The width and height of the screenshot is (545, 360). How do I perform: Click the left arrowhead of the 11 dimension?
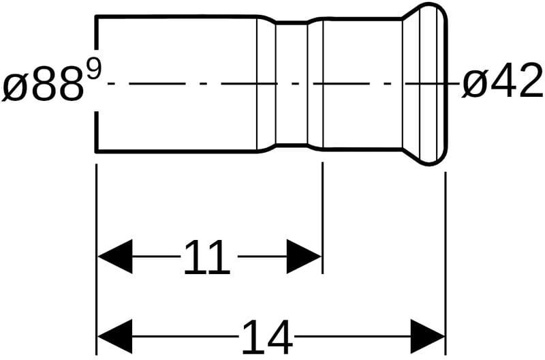coord(114,256)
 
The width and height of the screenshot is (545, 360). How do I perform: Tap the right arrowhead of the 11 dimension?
coord(304,256)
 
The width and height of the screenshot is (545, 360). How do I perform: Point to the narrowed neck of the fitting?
coord(292,83)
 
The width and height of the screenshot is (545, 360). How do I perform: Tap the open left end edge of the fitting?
coord(96,83)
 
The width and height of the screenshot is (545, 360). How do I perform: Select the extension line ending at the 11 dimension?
coord(322,218)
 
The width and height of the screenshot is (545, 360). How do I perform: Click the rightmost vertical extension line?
coord(445,259)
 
